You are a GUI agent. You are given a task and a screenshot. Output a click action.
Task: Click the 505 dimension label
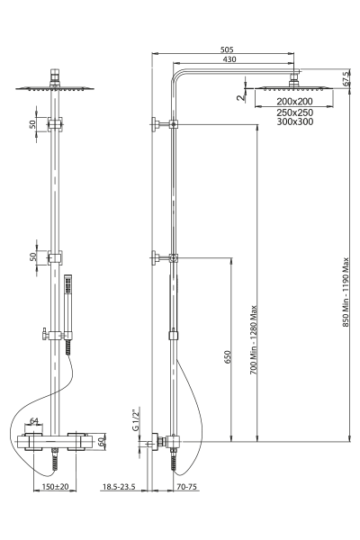(227, 49)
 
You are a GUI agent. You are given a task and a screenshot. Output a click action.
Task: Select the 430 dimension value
(229, 59)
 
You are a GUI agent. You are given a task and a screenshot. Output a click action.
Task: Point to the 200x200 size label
(294, 101)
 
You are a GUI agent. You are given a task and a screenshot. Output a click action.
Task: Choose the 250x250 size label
(295, 112)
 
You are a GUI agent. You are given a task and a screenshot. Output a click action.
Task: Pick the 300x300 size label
(295, 121)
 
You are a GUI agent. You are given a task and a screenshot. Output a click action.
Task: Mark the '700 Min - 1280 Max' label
(254, 340)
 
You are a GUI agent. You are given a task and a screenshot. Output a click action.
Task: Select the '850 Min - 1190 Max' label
(346, 292)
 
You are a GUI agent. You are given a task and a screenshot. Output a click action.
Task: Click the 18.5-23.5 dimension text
(119, 487)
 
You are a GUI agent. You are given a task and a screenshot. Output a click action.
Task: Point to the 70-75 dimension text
(186, 487)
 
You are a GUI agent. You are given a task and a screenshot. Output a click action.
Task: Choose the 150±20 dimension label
(55, 487)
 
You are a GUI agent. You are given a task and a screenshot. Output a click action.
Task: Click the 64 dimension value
(34, 421)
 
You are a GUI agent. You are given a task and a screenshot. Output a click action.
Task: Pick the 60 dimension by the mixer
(101, 442)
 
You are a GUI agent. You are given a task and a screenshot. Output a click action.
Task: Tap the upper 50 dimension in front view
(32, 124)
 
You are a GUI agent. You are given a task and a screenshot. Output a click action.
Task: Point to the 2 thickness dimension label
(240, 97)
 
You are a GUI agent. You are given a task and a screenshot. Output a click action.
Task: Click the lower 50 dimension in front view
(32, 256)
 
